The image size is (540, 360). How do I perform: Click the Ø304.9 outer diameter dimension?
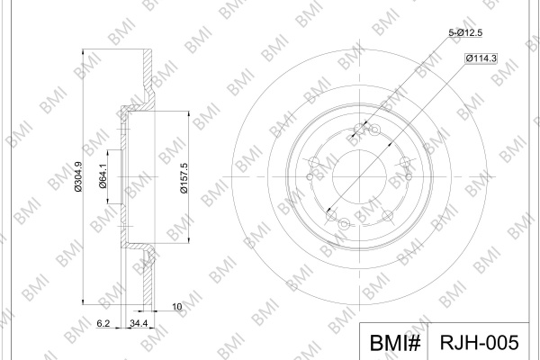(x=78, y=176)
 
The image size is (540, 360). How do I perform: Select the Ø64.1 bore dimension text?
(x=103, y=176)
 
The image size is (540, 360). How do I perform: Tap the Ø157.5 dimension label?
(x=184, y=178)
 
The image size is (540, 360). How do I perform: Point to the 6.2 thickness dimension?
(x=103, y=323)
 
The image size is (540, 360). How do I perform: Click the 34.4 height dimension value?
(x=139, y=323)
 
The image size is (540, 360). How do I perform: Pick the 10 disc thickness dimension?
(x=176, y=307)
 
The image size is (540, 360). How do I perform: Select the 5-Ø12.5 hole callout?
(x=465, y=32)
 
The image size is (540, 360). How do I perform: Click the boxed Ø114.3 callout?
(x=481, y=58)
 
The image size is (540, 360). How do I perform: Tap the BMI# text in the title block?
(x=395, y=343)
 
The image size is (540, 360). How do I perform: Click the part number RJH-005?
(x=479, y=342)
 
